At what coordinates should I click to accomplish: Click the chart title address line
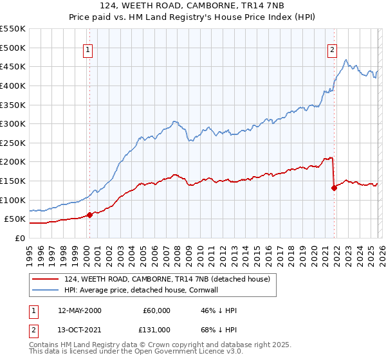point(193,6)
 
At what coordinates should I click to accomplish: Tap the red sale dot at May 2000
point(89,215)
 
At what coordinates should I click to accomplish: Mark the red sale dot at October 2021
point(334,188)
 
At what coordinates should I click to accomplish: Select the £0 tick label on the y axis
point(19,238)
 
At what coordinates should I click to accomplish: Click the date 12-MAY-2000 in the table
point(80,310)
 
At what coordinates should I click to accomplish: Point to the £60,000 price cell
point(156,310)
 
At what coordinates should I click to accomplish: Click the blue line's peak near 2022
point(346,60)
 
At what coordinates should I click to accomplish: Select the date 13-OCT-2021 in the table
point(80,329)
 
